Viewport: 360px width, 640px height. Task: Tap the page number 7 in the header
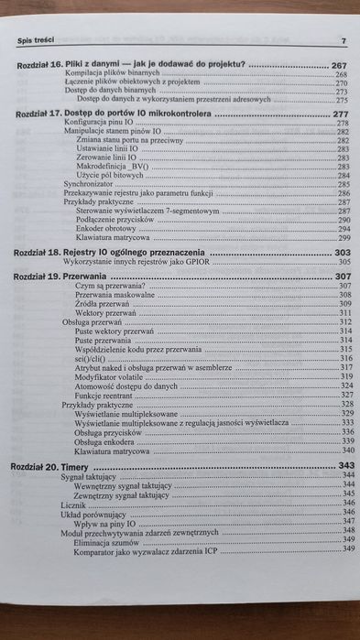[x=343, y=41]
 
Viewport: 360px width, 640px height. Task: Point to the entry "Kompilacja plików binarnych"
[x=112, y=74]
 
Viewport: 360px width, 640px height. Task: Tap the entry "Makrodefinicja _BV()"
[x=114, y=167]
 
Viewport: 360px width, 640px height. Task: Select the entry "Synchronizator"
[x=91, y=184]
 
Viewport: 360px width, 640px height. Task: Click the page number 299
[x=344, y=237]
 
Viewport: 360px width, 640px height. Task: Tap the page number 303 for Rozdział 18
[x=342, y=252]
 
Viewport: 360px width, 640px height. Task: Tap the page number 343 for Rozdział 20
[x=344, y=466]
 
